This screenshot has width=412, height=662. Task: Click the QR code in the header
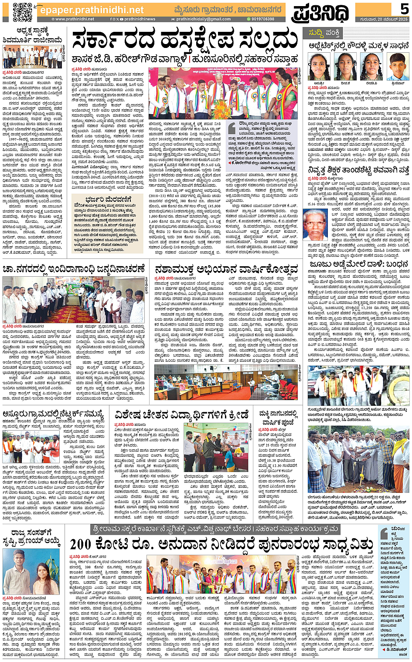(22, 12)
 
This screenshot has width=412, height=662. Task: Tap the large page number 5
(404, 9)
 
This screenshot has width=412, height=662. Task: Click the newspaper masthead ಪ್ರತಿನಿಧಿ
(320, 12)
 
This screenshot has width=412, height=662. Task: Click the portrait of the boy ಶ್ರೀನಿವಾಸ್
(397, 67)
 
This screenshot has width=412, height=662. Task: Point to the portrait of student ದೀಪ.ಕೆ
(345, 67)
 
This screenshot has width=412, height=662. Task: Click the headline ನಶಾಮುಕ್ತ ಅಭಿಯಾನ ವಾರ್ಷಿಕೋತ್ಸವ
(226, 268)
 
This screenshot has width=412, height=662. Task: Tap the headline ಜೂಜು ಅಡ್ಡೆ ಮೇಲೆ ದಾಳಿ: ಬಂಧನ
(358, 265)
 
